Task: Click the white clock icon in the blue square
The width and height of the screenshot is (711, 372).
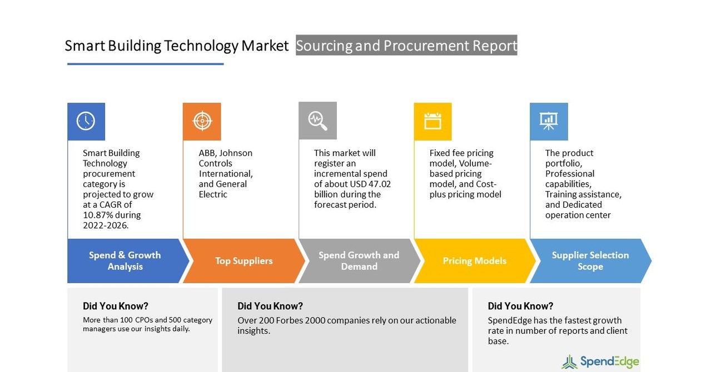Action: pos(86,121)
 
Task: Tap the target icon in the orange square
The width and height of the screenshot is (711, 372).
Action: pos(202,121)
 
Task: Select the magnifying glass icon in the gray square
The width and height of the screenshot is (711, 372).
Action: pos(317,120)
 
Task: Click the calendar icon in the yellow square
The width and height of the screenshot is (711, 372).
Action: pos(432,121)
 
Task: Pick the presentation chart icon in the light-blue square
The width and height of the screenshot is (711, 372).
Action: pos(549,121)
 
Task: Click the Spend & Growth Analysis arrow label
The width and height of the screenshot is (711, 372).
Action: pos(125,261)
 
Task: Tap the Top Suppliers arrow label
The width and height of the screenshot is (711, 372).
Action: pos(244,261)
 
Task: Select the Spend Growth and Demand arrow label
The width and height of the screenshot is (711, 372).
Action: pos(359,261)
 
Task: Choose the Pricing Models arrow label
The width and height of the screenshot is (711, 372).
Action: pos(475,261)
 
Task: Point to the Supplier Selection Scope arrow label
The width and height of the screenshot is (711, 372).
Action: pos(590,261)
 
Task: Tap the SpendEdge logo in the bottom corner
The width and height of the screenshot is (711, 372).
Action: pos(600,362)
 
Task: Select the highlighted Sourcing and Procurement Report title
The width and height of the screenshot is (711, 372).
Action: pos(406,46)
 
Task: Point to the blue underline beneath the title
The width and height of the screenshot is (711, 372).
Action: pos(145,64)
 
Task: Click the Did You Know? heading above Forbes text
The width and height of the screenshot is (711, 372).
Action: pos(270,306)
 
